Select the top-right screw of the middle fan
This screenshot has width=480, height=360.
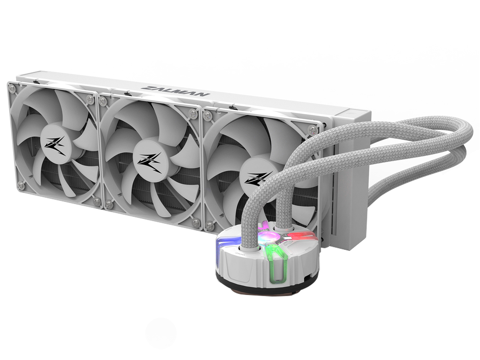point(193,113)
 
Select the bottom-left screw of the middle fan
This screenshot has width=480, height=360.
point(109,205)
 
